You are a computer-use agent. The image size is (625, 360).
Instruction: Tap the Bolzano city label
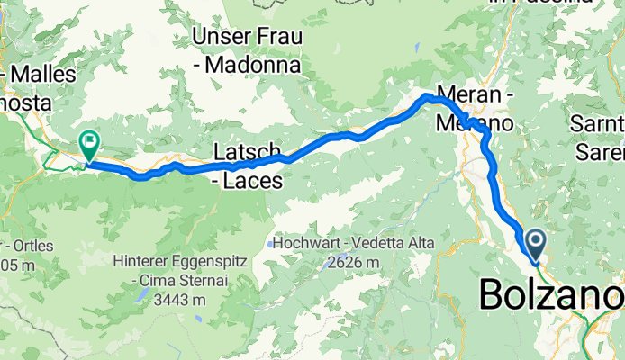click(x=550, y=294)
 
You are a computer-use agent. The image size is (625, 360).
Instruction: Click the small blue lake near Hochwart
click(x=269, y=243)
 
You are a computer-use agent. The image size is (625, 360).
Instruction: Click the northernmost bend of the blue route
click(x=425, y=94)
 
